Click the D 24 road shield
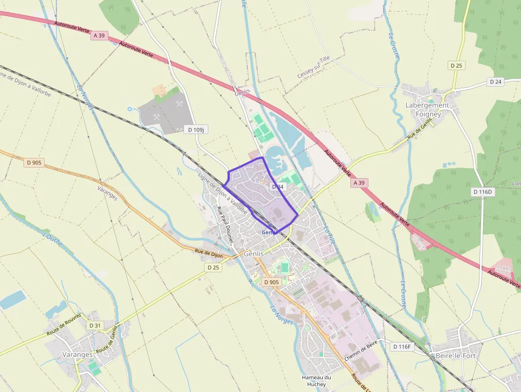coord(495,82)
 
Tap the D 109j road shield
coord(196,129)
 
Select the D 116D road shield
coord(483,191)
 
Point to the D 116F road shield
coord(402,347)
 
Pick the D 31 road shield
coord(95,326)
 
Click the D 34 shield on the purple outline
coord(278,187)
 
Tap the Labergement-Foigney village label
coord(428,110)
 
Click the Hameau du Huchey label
coord(316,381)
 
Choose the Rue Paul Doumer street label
coord(225,224)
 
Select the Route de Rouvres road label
coord(64,324)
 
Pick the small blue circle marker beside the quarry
coord(130,109)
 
